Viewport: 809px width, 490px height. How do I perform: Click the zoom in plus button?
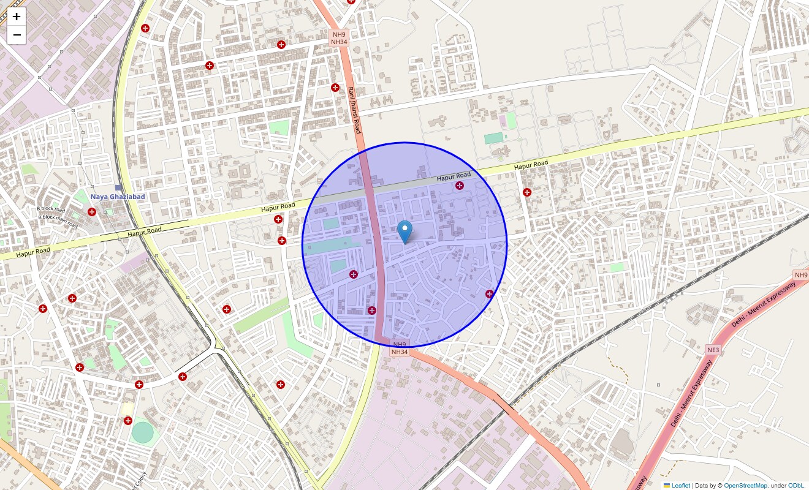pyautogui.click(x=17, y=17)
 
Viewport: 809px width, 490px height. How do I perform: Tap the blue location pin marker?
pyautogui.click(x=404, y=232)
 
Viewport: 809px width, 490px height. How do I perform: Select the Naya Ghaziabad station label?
pyautogui.click(x=117, y=197)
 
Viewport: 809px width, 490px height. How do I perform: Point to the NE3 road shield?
pyautogui.click(x=713, y=350)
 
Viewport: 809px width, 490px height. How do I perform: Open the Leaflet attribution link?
pyautogui.click(x=680, y=486)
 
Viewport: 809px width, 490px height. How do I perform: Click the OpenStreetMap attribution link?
pyautogui.click(x=745, y=486)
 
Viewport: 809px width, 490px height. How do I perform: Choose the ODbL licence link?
pyautogui.click(x=796, y=486)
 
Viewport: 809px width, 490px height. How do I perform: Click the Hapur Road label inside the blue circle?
pyautogui.click(x=454, y=176)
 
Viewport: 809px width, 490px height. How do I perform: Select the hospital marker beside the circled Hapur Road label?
pyautogui.click(x=460, y=186)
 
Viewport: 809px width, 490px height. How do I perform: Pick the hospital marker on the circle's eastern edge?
pyautogui.click(x=490, y=294)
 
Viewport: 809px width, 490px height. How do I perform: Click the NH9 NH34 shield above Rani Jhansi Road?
pyautogui.click(x=339, y=38)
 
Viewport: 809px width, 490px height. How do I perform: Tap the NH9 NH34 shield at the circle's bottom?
pyautogui.click(x=399, y=349)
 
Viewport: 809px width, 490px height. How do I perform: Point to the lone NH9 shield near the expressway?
pyautogui.click(x=800, y=275)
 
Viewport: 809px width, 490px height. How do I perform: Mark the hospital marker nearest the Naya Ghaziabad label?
pyautogui.click(x=92, y=212)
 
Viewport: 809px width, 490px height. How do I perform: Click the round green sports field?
pyautogui.click(x=142, y=432)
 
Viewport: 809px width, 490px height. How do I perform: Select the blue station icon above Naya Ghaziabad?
pyautogui.click(x=119, y=187)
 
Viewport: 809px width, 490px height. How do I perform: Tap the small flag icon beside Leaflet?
pyautogui.click(x=667, y=486)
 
